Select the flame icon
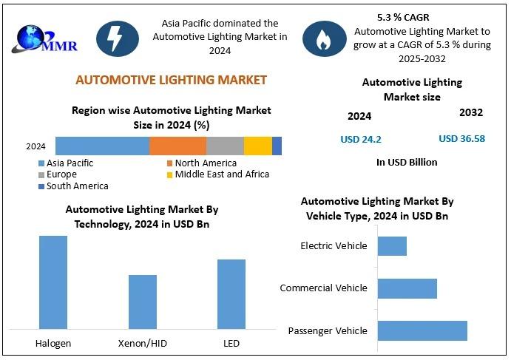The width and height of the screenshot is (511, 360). point(323,38)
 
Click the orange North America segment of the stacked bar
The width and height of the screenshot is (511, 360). point(177,146)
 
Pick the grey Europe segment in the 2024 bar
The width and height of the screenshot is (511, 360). point(225,146)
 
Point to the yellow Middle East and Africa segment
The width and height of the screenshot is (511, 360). point(258,146)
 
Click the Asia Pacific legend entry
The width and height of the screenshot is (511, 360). point(70,163)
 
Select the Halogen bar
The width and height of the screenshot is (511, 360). point(53,282)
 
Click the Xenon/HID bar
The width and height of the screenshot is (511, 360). point(143,301)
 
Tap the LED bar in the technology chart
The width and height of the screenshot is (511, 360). point(231,293)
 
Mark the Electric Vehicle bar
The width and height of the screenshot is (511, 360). point(392,246)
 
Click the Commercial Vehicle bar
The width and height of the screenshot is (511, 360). point(407,288)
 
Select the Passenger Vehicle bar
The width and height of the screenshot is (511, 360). point(422,330)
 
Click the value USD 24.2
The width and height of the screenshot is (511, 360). point(361,139)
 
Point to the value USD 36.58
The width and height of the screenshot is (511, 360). point(462,138)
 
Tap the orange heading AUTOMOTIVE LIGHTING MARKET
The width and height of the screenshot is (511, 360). point(172,80)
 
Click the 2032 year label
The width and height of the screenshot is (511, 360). point(471,113)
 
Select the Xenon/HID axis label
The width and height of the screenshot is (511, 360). point(142,344)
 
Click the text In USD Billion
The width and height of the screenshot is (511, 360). point(407,162)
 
